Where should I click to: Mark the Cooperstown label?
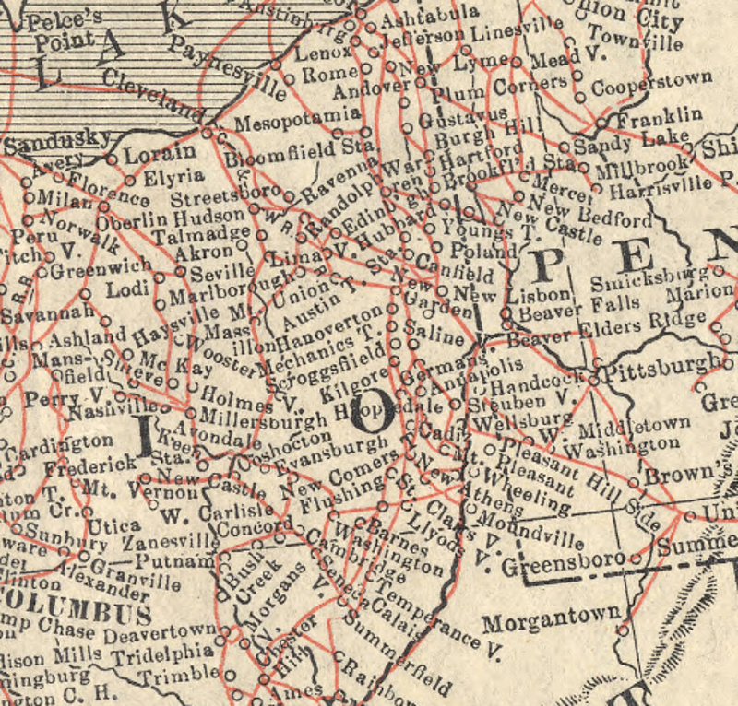(x=651, y=83)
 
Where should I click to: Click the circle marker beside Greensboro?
(x=636, y=559)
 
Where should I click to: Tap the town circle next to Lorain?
(x=112, y=159)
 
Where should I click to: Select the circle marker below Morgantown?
(x=623, y=631)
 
